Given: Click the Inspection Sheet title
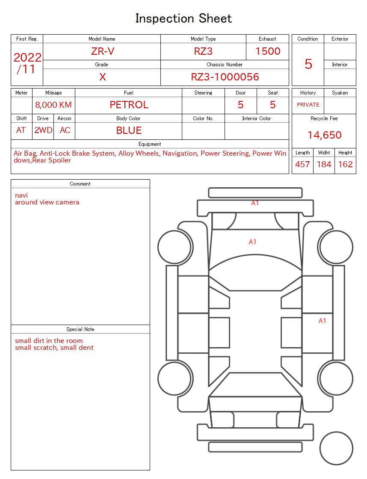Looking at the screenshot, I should pyautogui.click(x=183, y=18).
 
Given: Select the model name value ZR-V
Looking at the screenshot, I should pyautogui.click(x=103, y=51).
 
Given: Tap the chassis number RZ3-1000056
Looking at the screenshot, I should pyautogui.click(x=225, y=77).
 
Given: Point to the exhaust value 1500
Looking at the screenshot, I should pyautogui.click(x=268, y=51).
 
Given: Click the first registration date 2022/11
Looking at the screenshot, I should pyautogui.click(x=27, y=63).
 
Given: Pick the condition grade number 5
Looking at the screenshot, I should pyautogui.click(x=308, y=64).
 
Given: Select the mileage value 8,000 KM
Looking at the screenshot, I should pyautogui.click(x=53, y=105).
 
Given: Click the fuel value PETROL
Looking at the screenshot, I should pyautogui.click(x=129, y=105).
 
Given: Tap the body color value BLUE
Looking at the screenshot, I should pyautogui.click(x=129, y=130).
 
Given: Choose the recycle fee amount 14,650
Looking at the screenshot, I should pyautogui.click(x=324, y=135).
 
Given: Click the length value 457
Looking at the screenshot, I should pyautogui.click(x=302, y=164).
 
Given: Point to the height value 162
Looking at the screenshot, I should pyautogui.click(x=345, y=164).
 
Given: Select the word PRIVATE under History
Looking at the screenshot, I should pyautogui.click(x=308, y=105).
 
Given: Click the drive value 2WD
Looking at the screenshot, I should pyautogui.click(x=43, y=130).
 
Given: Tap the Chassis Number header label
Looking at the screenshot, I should pyautogui.click(x=225, y=65).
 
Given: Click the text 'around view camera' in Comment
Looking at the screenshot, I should pyautogui.click(x=47, y=202).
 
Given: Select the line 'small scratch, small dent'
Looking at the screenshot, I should pyautogui.click(x=54, y=348).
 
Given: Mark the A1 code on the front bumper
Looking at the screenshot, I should pyautogui.click(x=255, y=203).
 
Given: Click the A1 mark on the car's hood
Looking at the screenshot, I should pyautogui.click(x=253, y=242).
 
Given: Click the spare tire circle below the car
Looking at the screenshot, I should pyautogui.click(x=336, y=449).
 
